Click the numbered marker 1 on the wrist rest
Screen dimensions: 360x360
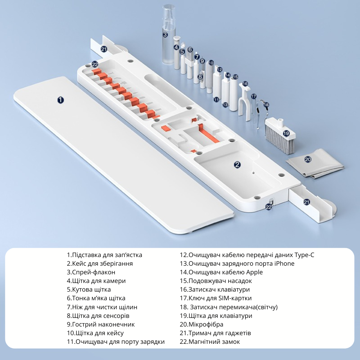tap(60, 100)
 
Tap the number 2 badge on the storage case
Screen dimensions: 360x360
tap(237, 165)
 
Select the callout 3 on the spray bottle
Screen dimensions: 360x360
tap(165, 35)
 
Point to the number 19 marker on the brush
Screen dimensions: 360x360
tap(286, 133)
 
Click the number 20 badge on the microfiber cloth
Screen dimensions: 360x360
tap(308, 159)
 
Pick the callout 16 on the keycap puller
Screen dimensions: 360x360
tap(245, 84)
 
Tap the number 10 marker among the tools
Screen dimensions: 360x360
tap(211, 63)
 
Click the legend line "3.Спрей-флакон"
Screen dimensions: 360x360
tap(91, 272)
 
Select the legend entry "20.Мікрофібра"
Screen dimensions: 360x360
tap(201, 324)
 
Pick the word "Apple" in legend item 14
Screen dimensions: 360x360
tap(255, 273)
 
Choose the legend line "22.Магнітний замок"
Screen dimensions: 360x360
tap(210, 342)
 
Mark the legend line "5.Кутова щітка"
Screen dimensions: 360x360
tap(89, 290)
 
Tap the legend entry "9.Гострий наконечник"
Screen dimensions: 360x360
tap(100, 324)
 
